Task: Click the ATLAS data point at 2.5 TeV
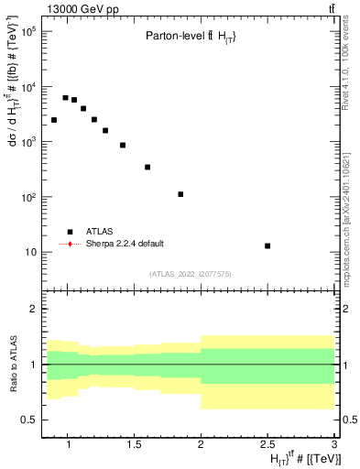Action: tap(267, 245)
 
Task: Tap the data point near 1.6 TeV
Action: tap(147, 167)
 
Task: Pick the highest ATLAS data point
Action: tap(65, 97)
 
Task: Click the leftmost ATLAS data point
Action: tap(54, 120)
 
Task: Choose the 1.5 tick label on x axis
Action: tap(135, 444)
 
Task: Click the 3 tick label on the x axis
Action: tap(335, 444)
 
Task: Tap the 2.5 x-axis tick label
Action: tap(268, 444)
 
